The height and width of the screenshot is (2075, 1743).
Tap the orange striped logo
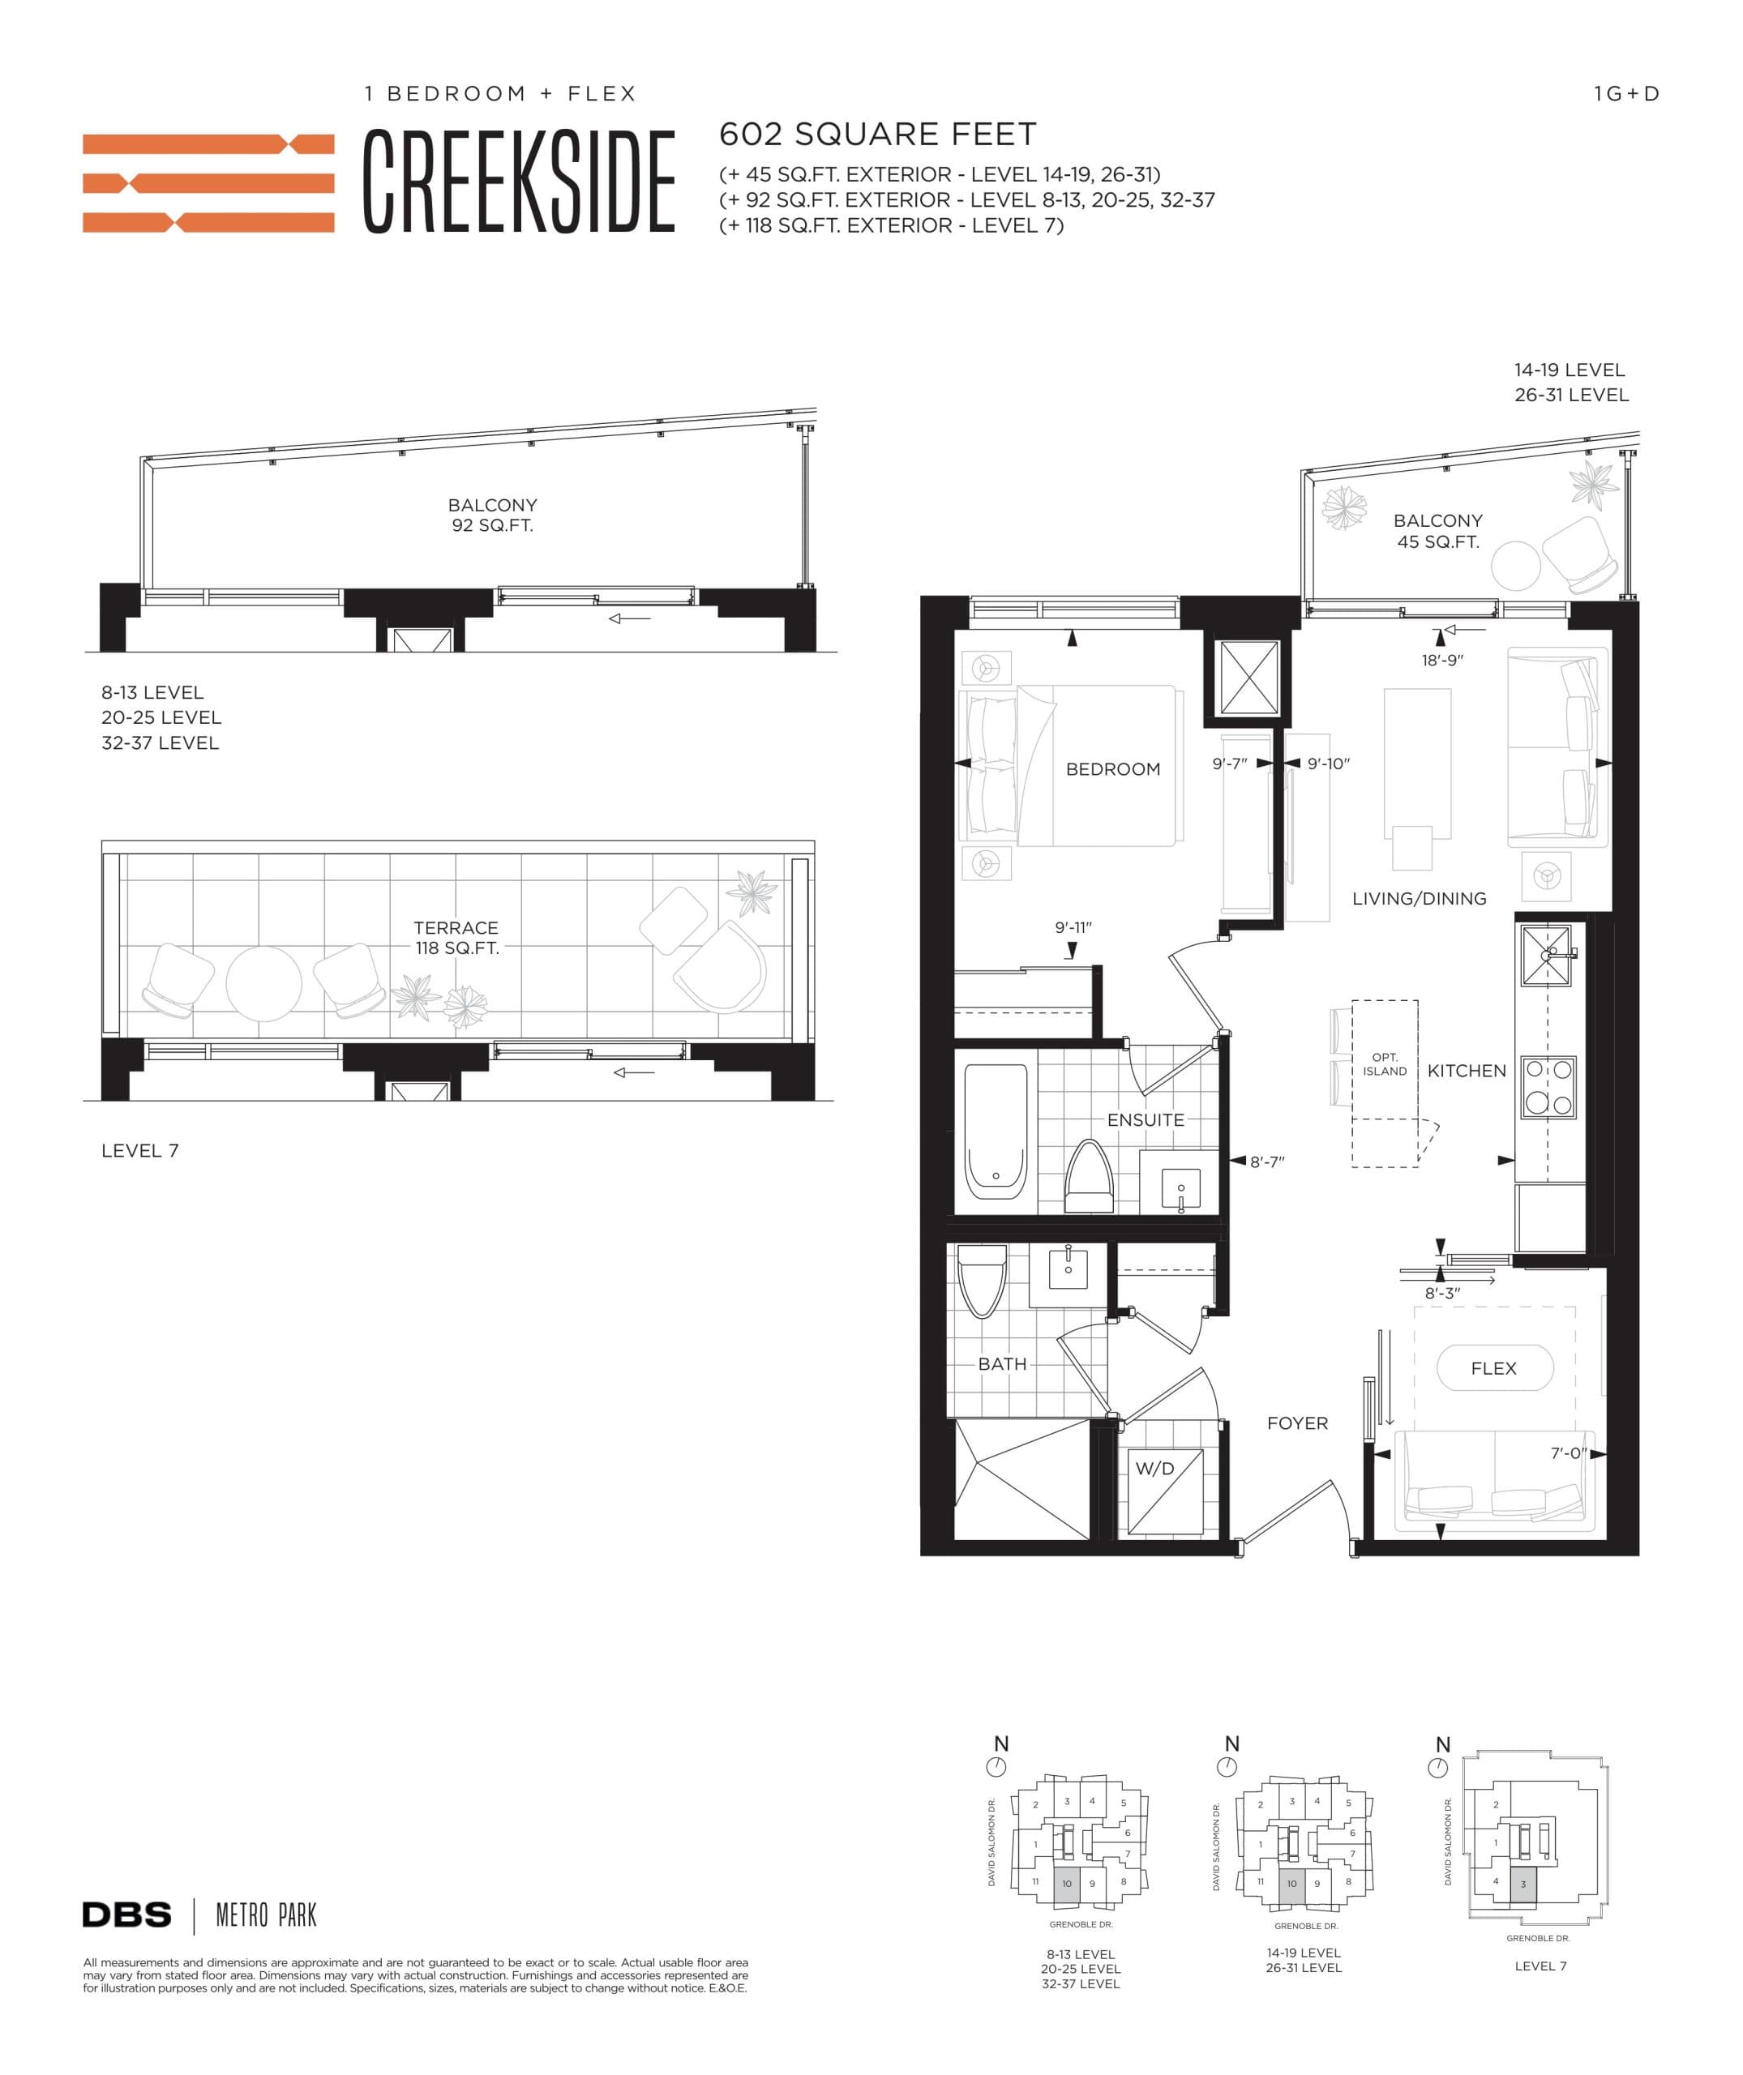[x=208, y=183]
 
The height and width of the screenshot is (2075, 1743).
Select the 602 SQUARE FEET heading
[x=877, y=135]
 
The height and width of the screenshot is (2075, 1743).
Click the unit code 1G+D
[x=1625, y=94]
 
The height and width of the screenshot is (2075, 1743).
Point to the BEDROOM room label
[x=1112, y=768]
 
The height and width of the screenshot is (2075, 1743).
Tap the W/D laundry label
[x=1154, y=1469]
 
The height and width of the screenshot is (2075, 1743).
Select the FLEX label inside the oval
[x=1493, y=1368]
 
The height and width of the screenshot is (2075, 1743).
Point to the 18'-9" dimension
[x=1441, y=660]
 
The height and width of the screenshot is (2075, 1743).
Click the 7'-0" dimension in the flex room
[x=1567, y=1452]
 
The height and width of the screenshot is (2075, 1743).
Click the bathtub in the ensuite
[x=995, y=1131]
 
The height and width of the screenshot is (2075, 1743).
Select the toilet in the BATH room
[x=983, y=1281]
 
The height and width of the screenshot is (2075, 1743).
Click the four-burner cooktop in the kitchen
[x=1548, y=1087]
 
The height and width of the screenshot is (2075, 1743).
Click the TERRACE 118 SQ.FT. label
[x=456, y=937]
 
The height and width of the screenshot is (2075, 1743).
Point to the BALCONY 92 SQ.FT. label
[x=492, y=515]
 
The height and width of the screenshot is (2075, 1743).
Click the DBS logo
[x=126, y=1915]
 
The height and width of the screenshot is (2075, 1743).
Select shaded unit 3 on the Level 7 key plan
[x=1522, y=1885]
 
